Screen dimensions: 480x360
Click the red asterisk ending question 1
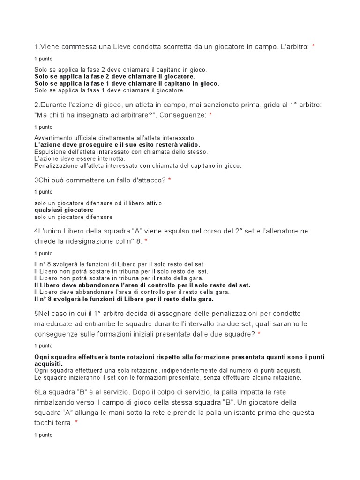click(x=313, y=46)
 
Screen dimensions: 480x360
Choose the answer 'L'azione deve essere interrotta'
click(x=80, y=159)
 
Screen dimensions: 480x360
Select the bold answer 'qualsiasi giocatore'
click(x=64, y=210)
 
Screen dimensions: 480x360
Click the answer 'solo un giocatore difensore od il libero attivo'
click(x=98, y=203)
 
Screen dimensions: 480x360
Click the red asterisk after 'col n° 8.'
click(x=146, y=241)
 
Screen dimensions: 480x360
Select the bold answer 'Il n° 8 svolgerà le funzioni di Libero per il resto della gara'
click(x=124, y=299)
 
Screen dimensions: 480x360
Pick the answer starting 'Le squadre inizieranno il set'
click(x=168, y=377)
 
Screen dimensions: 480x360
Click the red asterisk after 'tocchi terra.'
click(x=76, y=423)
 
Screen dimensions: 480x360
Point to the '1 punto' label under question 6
click(x=44, y=435)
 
